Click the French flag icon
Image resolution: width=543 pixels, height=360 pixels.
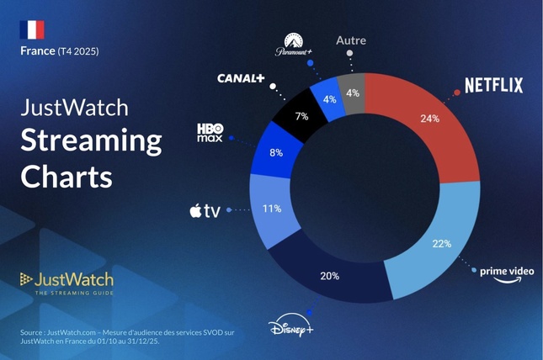coord(31,29)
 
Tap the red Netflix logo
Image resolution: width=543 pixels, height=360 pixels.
coord(493,85)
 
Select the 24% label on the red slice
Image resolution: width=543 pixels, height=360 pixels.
coord(429,119)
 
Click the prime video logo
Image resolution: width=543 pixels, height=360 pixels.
coord(507,273)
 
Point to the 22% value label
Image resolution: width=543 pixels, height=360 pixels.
coord(441,244)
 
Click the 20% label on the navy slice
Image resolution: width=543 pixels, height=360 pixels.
coord(329,276)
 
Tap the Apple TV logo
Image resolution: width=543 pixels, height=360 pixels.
coord(205,210)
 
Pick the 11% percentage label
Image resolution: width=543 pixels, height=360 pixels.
coord(271,209)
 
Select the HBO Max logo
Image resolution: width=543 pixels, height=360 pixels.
coord(210,132)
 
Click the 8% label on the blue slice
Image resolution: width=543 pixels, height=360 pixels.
coord(275,153)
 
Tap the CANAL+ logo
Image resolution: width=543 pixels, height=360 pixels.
coord(241,78)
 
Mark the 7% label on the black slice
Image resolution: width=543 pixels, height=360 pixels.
coord(301,116)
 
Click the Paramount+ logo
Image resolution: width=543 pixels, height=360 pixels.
coord(293,45)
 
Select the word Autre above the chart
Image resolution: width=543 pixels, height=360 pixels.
coord(350,40)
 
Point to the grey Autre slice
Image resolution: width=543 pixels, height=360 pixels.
coord(353,93)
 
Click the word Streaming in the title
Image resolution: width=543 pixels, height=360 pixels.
coord(91,140)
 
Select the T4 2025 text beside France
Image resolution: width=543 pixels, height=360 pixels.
coord(77,51)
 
